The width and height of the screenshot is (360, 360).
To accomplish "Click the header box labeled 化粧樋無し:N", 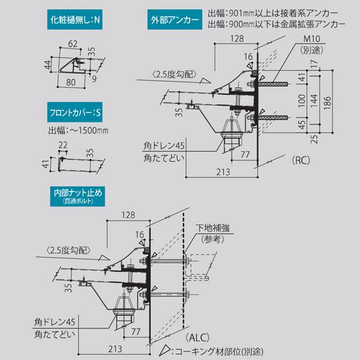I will click(x=76, y=20).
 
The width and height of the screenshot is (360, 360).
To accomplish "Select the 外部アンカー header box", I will click(x=175, y=20).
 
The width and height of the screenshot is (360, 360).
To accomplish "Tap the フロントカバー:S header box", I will click(x=76, y=112).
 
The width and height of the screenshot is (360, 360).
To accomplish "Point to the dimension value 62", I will click(x=73, y=44).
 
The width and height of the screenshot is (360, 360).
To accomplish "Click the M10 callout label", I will click(x=311, y=41).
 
